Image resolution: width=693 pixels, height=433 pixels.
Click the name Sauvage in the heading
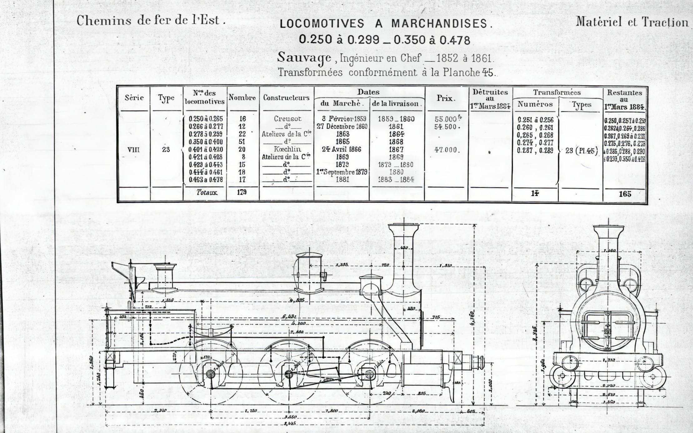(x=304, y=58)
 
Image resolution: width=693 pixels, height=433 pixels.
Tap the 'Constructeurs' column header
(x=286, y=97)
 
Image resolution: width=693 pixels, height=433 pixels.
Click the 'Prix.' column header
(x=446, y=98)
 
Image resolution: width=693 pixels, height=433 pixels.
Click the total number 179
(x=242, y=192)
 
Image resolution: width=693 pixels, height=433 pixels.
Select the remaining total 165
(x=625, y=194)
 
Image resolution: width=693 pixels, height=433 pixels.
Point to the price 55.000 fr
(x=447, y=119)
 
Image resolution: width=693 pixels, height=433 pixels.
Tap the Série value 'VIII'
(x=133, y=150)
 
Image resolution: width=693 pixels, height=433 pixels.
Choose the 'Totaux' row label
(x=207, y=192)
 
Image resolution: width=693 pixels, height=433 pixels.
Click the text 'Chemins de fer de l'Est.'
(x=151, y=21)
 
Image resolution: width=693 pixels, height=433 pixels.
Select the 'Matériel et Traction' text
(x=632, y=22)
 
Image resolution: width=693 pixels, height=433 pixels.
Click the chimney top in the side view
(x=403, y=227)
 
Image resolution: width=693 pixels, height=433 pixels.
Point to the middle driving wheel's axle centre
(x=288, y=373)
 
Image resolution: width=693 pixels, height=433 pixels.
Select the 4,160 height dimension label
(x=472, y=319)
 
